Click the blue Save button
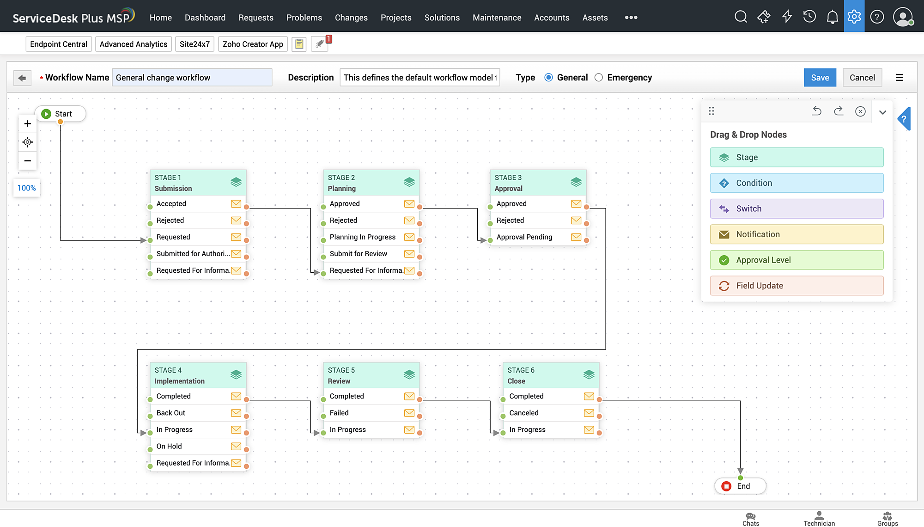click(x=820, y=78)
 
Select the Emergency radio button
click(x=599, y=78)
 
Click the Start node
click(x=61, y=114)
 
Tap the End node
click(x=741, y=486)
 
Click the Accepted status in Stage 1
click(x=171, y=203)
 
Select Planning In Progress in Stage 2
click(x=362, y=237)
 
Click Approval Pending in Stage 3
click(x=524, y=237)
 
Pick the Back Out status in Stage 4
click(x=171, y=413)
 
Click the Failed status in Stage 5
click(x=339, y=413)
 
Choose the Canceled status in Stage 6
click(x=523, y=413)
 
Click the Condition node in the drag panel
click(x=796, y=183)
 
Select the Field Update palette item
click(x=796, y=286)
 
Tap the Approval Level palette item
click(x=796, y=260)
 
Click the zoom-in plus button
click(x=28, y=124)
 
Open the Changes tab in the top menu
click(x=351, y=18)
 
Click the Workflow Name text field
click(x=192, y=78)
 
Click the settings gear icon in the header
click(x=854, y=17)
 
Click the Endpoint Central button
click(x=59, y=44)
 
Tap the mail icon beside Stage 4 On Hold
click(x=236, y=446)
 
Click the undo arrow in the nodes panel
click(x=816, y=111)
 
